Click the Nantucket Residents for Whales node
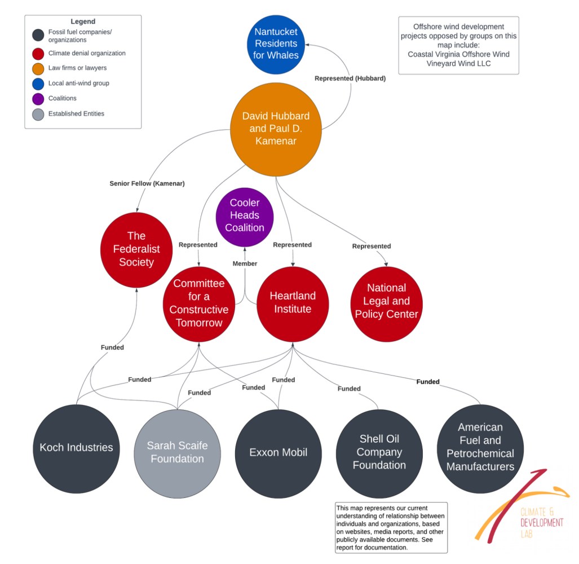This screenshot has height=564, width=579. click(x=276, y=44)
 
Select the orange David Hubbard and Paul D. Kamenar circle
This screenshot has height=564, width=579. click(x=276, y=128)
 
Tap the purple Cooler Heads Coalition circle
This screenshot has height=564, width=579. click(x=245, y=215)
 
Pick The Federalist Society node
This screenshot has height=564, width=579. click(x=136, y=249)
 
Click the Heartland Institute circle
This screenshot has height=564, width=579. click(x=293, y=303)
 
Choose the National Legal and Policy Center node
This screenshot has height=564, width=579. click(x=386, y=301)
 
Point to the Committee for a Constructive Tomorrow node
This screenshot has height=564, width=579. click(x=199, y=303)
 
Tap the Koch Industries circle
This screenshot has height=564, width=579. click(x=76, y=448)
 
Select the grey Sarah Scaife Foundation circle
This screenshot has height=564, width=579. click(x=177, y=452)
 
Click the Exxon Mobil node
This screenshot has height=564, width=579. click(x=279, y=452)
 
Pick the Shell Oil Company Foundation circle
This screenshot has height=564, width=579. click(x=379, y=452)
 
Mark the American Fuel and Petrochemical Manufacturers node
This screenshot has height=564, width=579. click(x=480, y=447)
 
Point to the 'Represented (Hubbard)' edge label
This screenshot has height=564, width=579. click(x=350, y=78)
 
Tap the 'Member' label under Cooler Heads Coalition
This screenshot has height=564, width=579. click(x=245, y=263)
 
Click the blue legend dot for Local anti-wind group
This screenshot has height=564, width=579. click(x=38, y=83)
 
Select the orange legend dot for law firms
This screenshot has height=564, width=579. click(x=38, y=68)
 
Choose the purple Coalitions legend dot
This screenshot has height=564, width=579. click(x=38, y=99)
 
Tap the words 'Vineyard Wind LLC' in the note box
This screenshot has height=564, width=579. click(x=458, y=64)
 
